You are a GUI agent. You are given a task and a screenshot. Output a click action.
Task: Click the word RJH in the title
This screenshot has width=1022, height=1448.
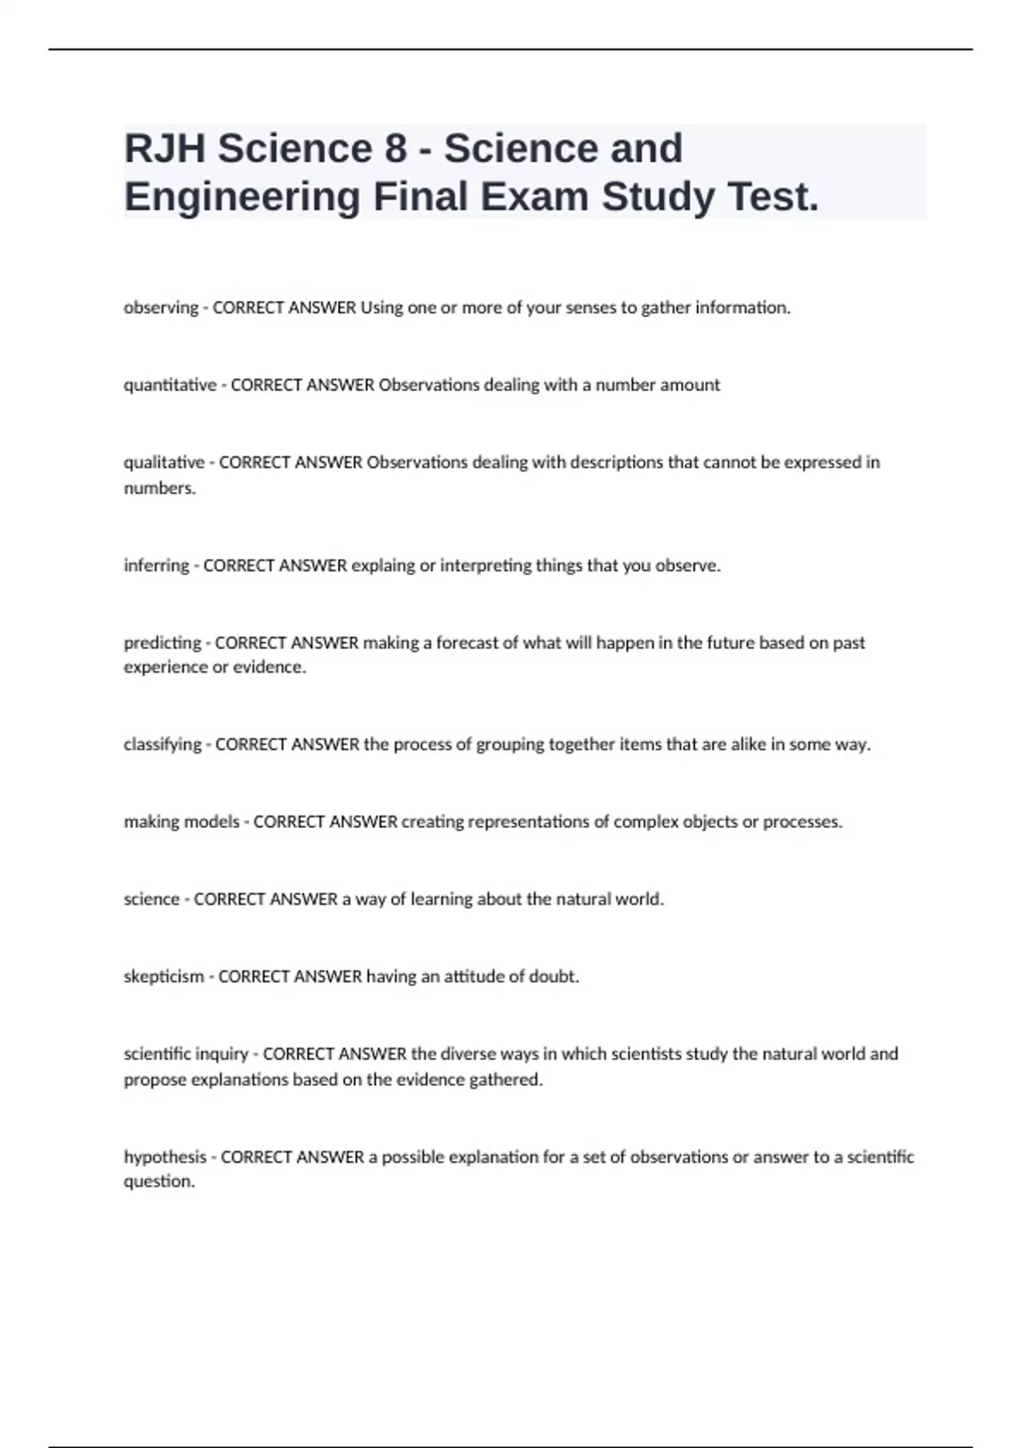164,148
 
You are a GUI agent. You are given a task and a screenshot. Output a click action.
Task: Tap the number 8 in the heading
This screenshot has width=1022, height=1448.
395,148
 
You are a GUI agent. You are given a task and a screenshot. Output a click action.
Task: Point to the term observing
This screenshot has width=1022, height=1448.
161,307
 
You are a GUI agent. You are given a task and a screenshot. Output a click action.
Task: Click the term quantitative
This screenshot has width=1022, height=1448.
170,385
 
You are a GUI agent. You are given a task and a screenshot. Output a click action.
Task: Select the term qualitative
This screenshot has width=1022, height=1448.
164,463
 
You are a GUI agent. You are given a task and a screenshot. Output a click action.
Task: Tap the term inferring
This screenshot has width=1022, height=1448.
157,566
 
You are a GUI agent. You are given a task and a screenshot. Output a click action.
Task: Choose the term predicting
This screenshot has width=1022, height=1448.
163,643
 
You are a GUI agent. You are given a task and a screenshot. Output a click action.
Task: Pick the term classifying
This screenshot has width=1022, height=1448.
163,744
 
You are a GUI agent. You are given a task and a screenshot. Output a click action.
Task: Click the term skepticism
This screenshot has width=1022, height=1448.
164,977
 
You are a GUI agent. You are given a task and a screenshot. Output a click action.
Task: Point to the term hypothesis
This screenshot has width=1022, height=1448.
165,1157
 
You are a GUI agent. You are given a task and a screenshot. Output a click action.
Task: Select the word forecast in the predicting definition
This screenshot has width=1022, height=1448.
467,643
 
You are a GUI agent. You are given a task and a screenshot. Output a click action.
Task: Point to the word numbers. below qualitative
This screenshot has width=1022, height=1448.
160,488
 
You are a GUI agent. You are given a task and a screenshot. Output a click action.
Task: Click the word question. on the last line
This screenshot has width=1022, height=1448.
159,1181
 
